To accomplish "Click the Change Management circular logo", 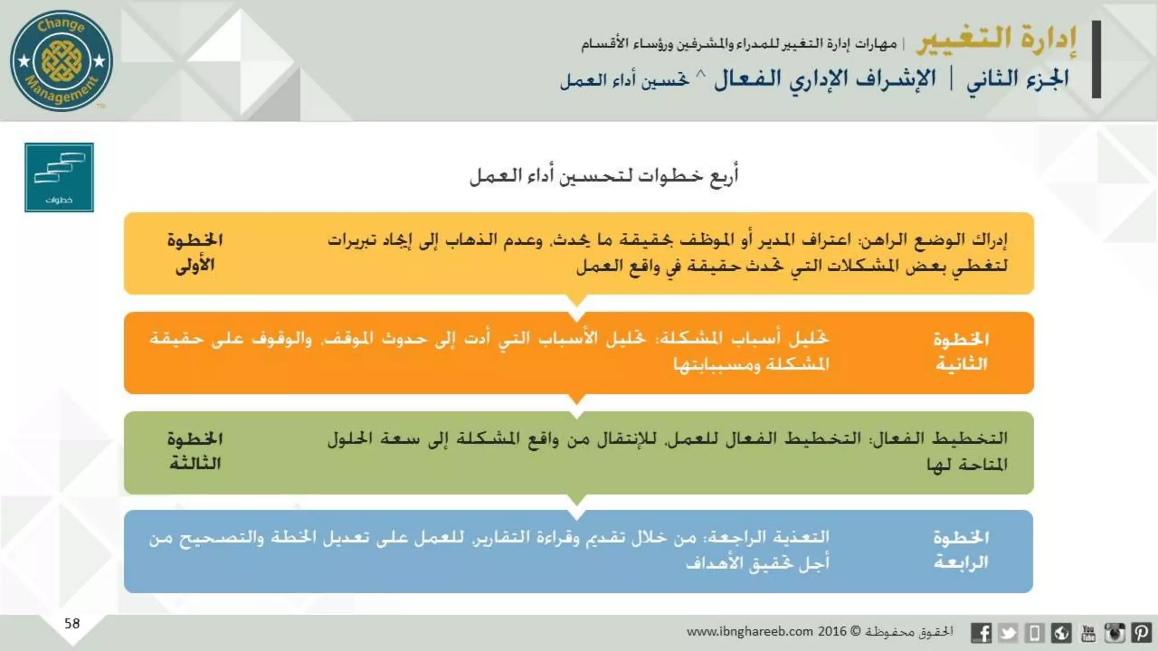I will [61, 60].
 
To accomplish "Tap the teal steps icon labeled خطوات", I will [59, 177].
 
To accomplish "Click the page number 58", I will [72, 623].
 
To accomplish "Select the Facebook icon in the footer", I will [981, 632].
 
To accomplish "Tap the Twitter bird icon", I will [1008, 632].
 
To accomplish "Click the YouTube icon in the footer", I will [1088, 632].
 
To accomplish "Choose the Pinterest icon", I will [1141, 632].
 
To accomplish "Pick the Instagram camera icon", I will [1114, 632].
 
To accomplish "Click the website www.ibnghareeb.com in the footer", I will [750, 631].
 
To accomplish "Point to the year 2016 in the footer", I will [832, 631].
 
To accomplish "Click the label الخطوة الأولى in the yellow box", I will [195, 253].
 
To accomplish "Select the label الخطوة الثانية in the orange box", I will [961, 351].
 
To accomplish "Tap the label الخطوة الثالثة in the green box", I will [195, 451].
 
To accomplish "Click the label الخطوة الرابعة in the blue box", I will [961, 550].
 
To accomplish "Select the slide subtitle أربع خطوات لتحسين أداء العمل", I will [604, 176].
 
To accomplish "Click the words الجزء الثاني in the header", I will [1017, 79].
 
